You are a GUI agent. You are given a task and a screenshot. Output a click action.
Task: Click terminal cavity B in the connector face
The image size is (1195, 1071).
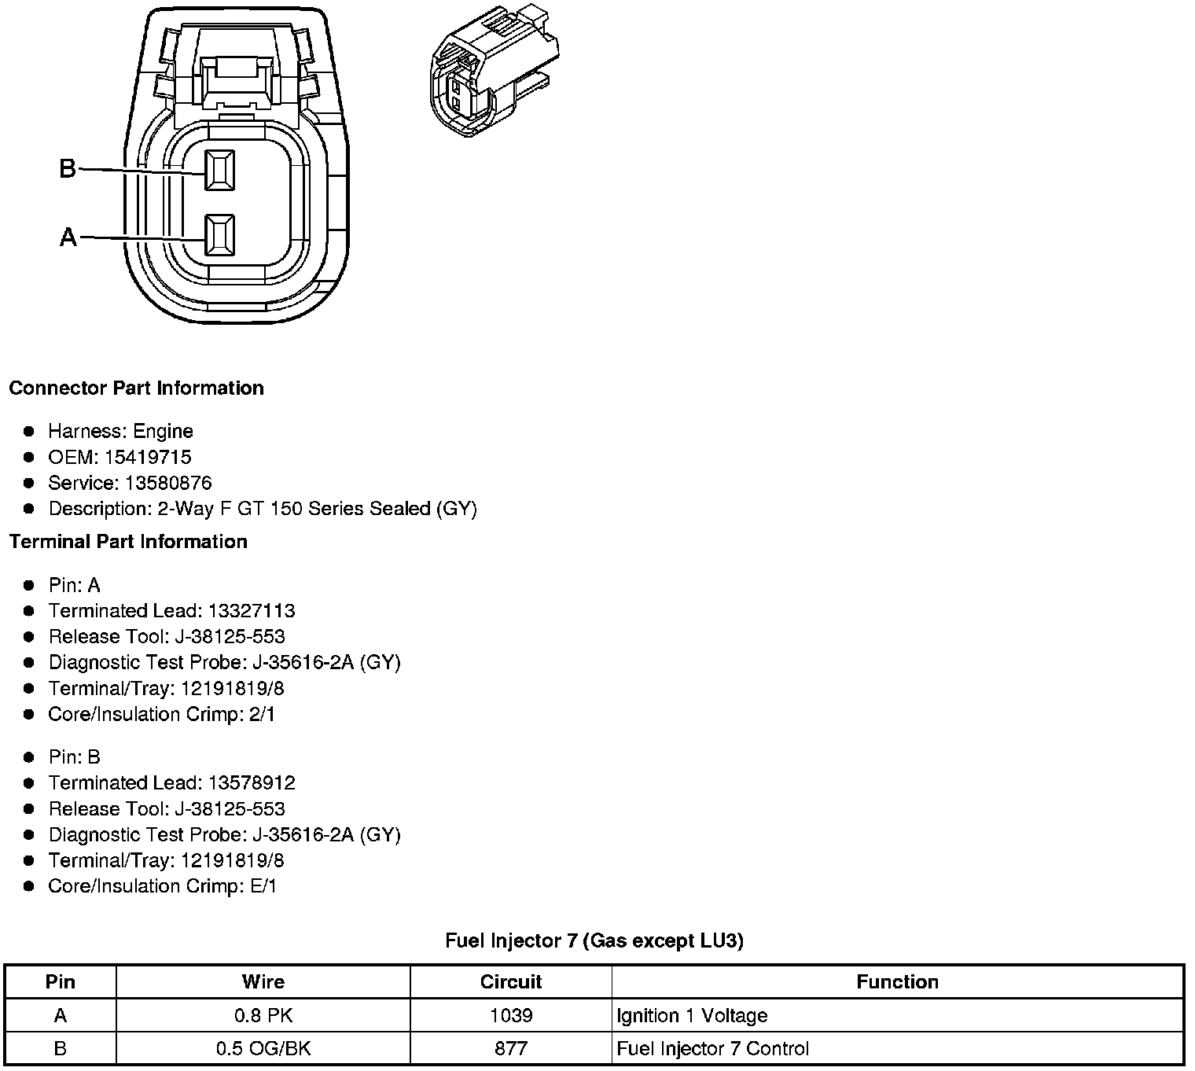(219, 170)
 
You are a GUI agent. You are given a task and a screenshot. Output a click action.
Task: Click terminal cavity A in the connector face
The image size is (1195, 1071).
(219, 235)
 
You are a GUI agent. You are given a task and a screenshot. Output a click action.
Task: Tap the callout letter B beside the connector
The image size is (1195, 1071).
(68, 168)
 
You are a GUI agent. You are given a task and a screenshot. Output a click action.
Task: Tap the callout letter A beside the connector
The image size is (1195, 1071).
(68, 237)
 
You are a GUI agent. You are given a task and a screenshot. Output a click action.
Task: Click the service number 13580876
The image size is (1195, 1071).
(168, 483)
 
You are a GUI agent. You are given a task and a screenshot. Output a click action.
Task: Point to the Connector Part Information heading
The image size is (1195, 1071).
(136, 388)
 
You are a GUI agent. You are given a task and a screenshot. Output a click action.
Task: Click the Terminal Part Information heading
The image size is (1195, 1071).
(128, 542)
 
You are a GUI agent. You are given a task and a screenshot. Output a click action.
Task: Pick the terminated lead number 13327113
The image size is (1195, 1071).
(251, 611)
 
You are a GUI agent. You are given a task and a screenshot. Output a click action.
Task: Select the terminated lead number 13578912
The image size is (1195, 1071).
(251, 783)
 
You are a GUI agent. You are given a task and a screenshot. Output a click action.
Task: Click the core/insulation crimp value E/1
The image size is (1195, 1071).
(262, 886)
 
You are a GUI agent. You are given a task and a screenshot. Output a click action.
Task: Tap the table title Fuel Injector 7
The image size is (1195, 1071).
(594, 940)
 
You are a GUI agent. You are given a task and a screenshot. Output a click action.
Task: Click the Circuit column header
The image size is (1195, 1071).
(511, 981)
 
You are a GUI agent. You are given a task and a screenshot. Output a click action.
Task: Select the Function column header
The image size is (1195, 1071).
(897, 981)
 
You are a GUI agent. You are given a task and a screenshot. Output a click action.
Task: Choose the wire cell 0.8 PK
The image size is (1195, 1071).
(263, 1016)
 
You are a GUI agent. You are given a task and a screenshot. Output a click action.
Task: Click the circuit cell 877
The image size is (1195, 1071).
(511, 1049)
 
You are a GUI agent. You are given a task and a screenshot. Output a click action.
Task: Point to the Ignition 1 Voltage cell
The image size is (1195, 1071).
(692, 1016)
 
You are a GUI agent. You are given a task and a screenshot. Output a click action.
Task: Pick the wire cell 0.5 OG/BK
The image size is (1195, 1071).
(263, 1049)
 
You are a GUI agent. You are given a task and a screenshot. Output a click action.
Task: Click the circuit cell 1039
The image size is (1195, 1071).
(511, 1016)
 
